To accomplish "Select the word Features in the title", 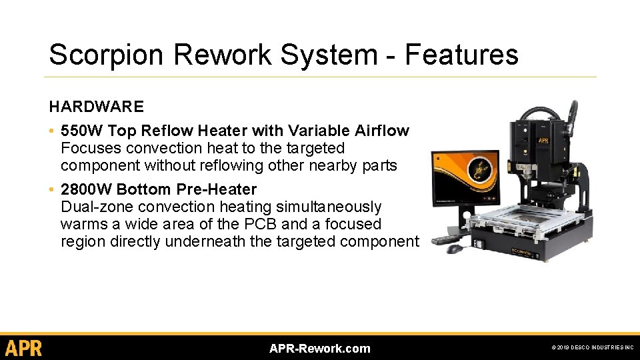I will click(x=461, y=55).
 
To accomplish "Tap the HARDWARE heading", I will click(x=96, y=107).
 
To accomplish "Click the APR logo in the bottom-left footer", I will click(x=24, y=348).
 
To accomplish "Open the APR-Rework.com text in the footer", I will click(x=319, y=349).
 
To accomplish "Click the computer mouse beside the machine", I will click(x=455, y=249).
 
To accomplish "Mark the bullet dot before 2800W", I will click(x=52, y=189).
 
